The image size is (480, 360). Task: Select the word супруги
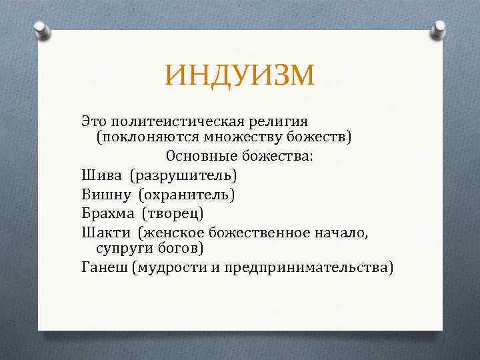click(121, 248)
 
